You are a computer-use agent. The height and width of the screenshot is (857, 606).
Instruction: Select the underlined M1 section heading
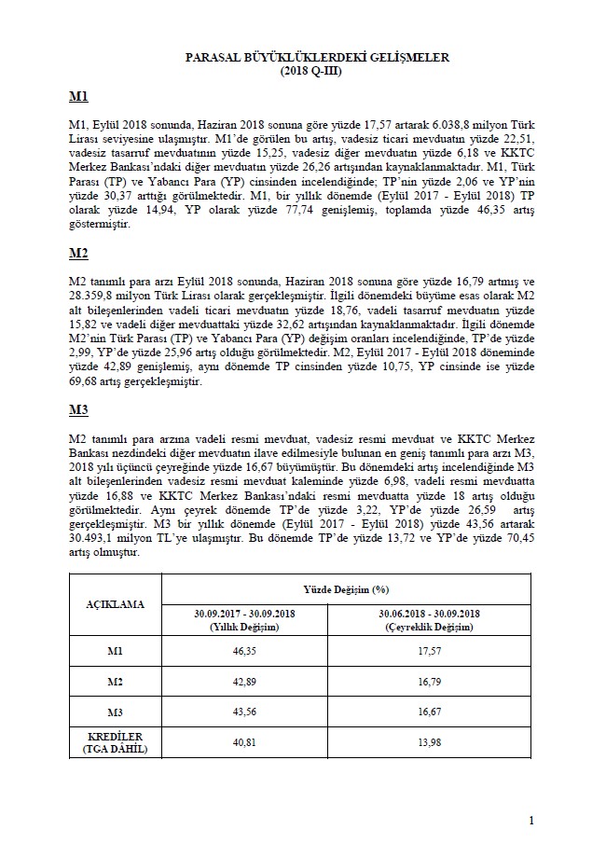point(78,98)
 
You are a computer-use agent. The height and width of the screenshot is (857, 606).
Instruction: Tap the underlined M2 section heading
point(78,255)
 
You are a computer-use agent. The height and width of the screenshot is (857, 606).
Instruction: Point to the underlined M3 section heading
point(78,411)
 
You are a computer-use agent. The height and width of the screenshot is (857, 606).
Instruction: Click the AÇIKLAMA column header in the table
point(116,604)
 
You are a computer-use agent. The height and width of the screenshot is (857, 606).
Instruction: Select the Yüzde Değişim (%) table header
point(346,590)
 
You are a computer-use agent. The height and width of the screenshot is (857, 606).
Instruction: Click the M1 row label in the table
point(116,652)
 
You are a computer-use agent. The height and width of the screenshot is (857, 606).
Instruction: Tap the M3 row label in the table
point(116,712)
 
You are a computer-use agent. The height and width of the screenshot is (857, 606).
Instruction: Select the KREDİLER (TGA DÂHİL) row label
point(116,743)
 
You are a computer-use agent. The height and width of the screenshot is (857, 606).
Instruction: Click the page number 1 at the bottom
point(530,820)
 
